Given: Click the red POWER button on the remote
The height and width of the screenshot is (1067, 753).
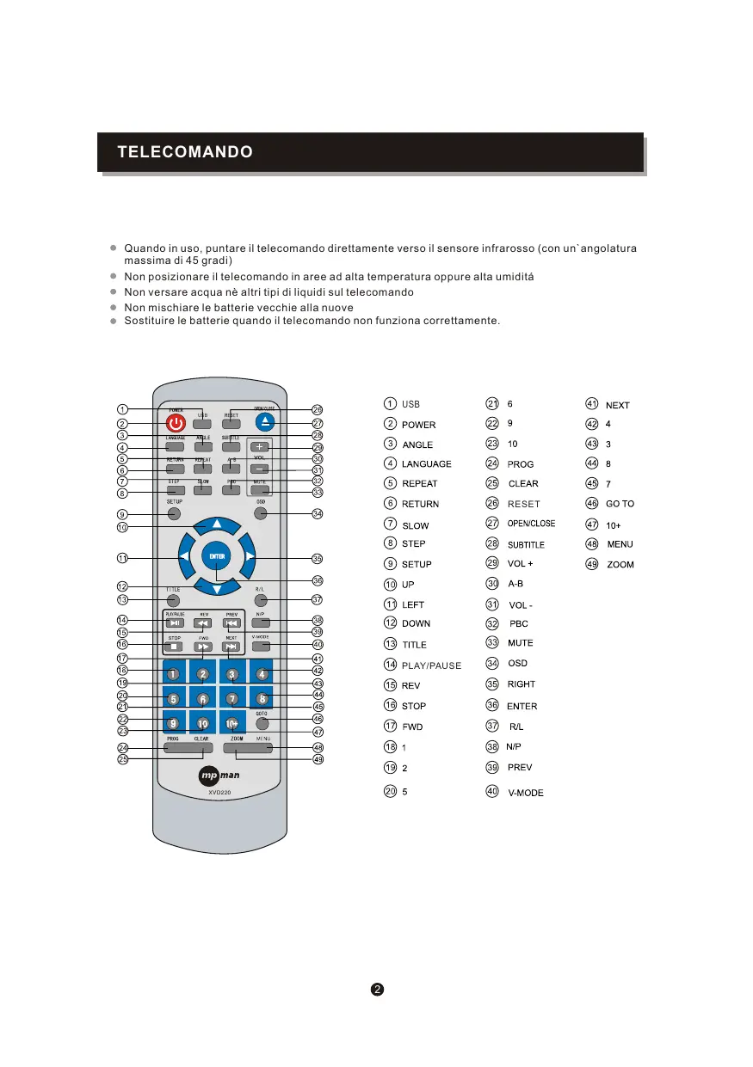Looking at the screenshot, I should tap(176, 423).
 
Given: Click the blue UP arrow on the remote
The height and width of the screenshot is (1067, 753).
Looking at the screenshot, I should tap(217, 524).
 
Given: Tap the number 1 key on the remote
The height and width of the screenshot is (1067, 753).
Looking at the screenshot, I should tap(173, 675).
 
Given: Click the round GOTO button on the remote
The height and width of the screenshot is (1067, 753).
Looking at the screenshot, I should tap(262, 724).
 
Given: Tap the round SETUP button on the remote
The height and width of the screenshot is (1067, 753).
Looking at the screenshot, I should tap(174, 513).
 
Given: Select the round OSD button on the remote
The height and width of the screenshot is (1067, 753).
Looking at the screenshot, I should tap(261, 513).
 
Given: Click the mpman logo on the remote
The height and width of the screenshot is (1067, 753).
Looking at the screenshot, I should tap(219, 777).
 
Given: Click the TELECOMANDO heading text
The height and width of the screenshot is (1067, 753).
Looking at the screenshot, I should tap(185, 153).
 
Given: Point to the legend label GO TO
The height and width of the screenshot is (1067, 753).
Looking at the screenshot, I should tap(620, 504).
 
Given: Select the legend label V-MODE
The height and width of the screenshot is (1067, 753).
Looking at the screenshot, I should tap(525, 793).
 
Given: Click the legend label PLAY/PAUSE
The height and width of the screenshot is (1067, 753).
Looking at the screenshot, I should tap(431, 665).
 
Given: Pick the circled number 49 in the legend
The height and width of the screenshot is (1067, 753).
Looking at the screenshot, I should tap(592, 564).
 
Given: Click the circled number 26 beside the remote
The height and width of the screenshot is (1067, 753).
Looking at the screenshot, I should tap(318, 410).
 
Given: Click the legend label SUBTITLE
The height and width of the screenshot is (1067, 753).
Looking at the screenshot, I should tap(526, 544).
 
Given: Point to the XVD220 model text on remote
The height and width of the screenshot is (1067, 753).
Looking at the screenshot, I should tap(219, 793).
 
